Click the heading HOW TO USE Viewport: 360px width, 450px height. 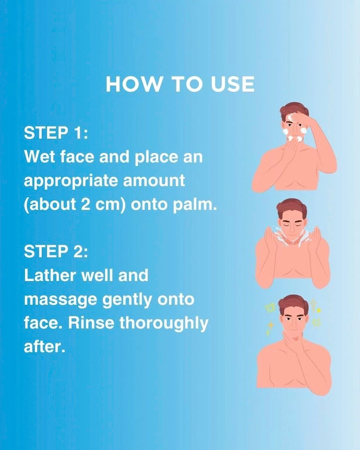click(x=180, y=84)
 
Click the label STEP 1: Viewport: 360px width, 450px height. click(x=56, y=133)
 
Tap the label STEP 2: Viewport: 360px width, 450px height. click(x=56, y=252)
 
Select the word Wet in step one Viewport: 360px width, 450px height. click(x=40, y=157)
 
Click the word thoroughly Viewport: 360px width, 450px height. click(x=164, y=324)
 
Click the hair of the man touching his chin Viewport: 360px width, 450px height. click(x=293, y=303)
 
